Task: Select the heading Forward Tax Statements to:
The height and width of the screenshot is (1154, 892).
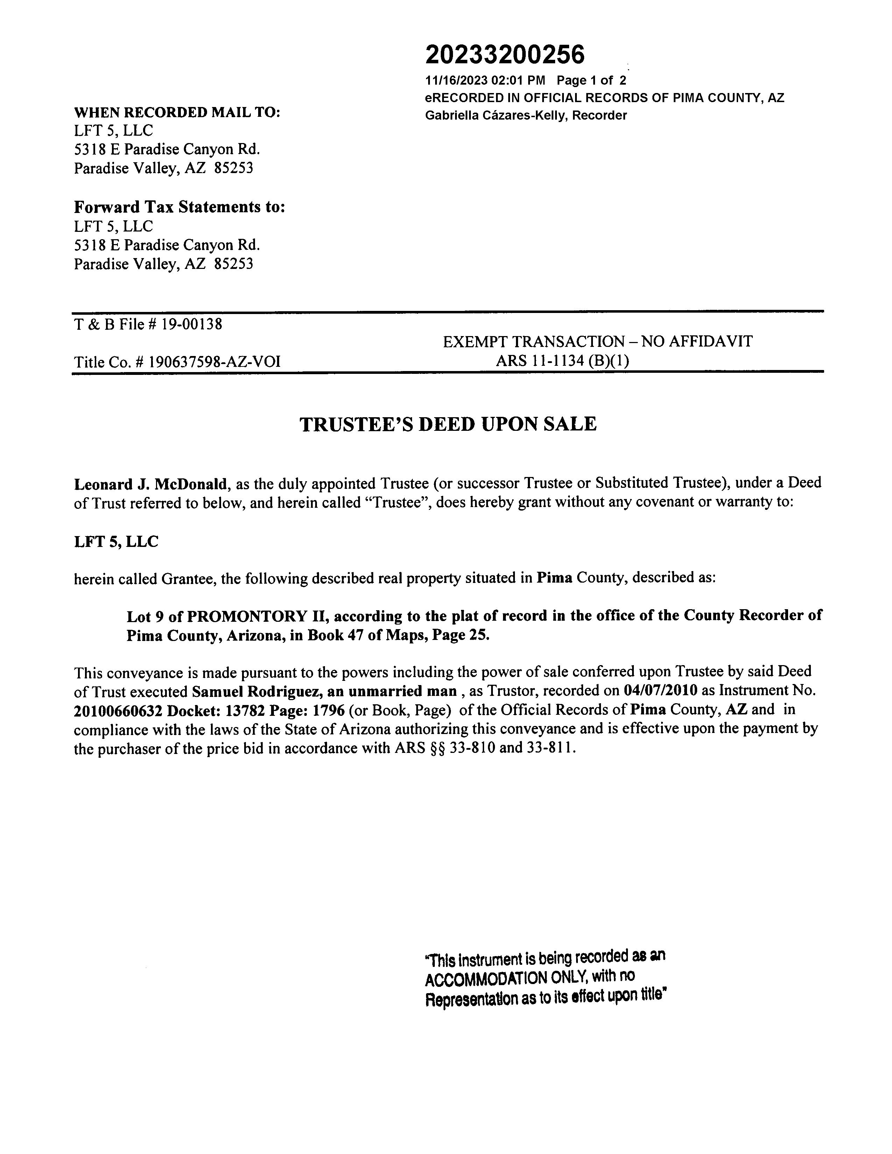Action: click(179, 207)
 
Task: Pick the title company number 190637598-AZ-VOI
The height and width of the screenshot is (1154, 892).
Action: click(214, 362)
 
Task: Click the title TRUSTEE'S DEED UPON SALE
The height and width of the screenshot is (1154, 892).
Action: click(448, 424)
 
